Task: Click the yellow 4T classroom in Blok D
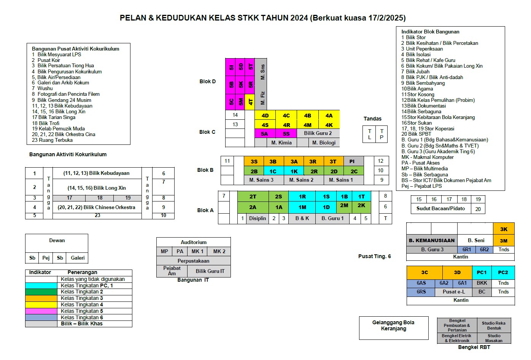[250, 102]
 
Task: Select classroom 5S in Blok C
[286, 133]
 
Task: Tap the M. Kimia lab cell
[281, 143]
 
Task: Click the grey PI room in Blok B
[353, 161]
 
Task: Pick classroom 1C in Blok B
[273, 171]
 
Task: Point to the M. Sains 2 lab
[304, 180]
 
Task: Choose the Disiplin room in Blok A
[258, 218]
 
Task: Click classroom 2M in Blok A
[344, 205]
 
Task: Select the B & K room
[302, 218]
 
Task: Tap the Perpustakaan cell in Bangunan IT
[194, 261]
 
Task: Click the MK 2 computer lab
[219, 251]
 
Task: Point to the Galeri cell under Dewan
[78, 258]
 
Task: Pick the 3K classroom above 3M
[504, 229]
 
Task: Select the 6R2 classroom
[484, 249]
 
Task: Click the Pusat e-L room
[453, 292]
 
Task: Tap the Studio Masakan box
[494, 338]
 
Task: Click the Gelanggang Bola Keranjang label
[394, 325]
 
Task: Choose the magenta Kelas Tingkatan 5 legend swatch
[41, 311]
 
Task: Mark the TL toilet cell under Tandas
[369, 134]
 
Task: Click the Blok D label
[207, 81]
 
